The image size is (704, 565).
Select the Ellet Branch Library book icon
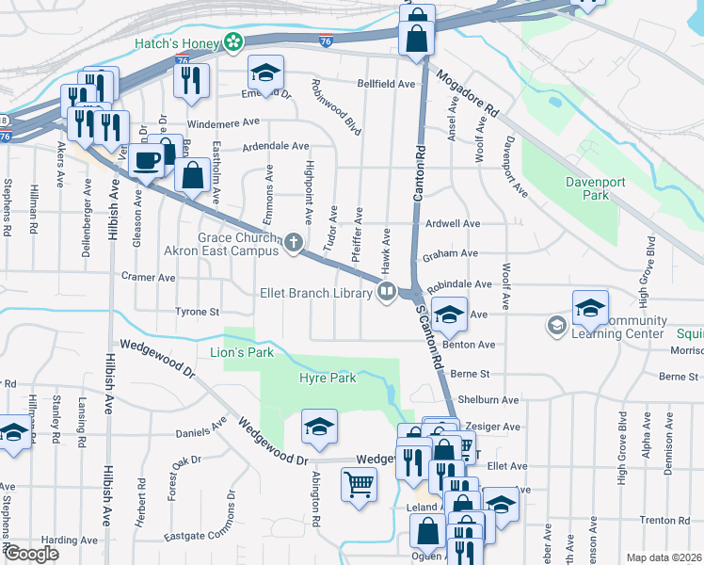tap(386, 293)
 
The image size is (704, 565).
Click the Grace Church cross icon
tap(294, 244)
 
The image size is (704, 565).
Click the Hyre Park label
tap(327, 378)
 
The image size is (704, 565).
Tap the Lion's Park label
tap(241, 352)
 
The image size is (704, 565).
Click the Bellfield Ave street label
tap(386, 84)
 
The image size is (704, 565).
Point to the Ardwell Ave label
tap(453, 224)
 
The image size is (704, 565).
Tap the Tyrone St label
tap(197, 311)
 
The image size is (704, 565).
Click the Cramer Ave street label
tap(149, 278)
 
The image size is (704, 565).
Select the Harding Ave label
tap(71, 541)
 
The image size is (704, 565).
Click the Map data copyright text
tap(664, 557)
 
